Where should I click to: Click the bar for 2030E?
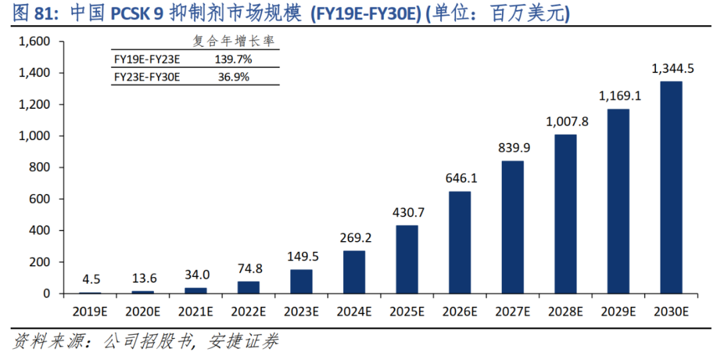click(671, 187)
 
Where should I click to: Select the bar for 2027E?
click(513, 227)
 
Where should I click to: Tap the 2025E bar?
click(407, 259)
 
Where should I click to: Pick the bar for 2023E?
click(301, 282)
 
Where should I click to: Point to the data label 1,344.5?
click(673, 68)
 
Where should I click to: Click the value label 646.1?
click(461, 179)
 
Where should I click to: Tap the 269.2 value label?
click(355, 238)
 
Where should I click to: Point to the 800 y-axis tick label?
click(41, 167)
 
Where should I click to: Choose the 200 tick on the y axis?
click(41, 262)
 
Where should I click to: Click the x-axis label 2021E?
click(196, 312)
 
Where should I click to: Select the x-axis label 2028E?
click(566, 312)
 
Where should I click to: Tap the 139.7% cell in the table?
click(232, 60)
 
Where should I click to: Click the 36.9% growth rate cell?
click(232, 77)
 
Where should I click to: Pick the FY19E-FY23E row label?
click(147, 60)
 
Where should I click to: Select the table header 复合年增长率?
click(233, 41)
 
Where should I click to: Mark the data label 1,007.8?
click(566, 122)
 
